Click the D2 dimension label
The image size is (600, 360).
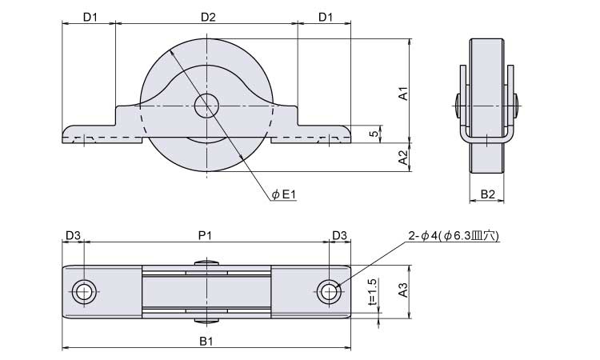coord(208,17)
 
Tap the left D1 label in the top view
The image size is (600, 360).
coord(90,17)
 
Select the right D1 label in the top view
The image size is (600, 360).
coord(326,17)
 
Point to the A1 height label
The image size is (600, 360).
coord(404,94)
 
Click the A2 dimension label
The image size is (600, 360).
coord(404,158)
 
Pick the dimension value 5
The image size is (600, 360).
coord(375,134)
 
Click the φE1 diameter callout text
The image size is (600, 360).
coord(283,194)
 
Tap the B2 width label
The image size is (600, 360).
coord(487,194)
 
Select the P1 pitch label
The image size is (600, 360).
coord(205,235)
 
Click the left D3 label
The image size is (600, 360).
coord(73,235)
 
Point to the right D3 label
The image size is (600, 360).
coord(339,235)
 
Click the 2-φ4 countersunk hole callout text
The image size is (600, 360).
coord(454,236)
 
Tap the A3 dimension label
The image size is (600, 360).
coord(403,290)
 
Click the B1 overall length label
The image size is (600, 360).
coord(206,341)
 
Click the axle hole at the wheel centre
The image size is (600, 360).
coord(206,106)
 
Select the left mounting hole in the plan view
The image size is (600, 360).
coord(84,292)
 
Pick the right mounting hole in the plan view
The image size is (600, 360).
coord(329,292)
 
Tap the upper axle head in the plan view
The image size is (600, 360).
coord(206,263)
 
